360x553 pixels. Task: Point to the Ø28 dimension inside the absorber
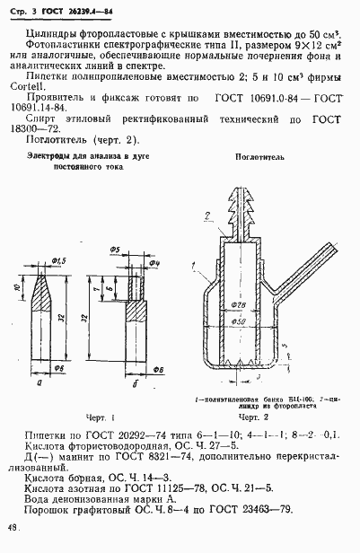237,303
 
